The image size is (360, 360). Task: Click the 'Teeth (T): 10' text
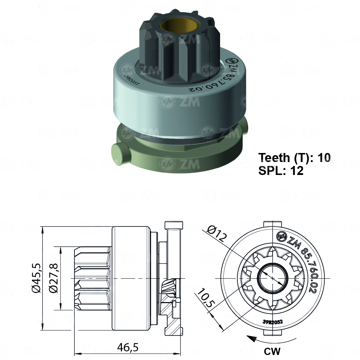[x=294, y=157]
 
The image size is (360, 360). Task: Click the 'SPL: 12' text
[x=281, y=171]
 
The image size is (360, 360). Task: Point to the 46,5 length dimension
[x=128, y=347]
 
